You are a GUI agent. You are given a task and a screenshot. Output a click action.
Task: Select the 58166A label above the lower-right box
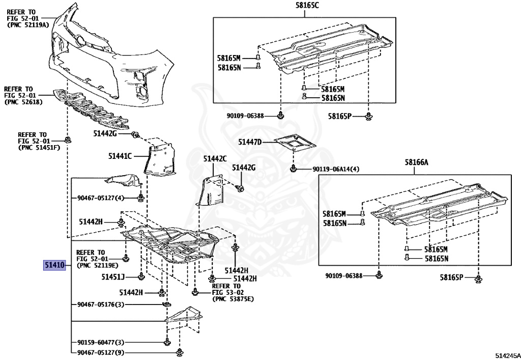click(x=417, y=162)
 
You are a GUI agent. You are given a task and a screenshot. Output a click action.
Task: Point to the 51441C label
click(x=120, y=156)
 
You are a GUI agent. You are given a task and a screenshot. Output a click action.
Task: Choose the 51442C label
click(x=215, y=158)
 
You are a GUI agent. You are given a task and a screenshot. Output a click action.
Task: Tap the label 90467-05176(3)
click(x=100, y=304)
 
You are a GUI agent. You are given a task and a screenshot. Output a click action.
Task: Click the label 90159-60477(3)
click(x=100, y=342)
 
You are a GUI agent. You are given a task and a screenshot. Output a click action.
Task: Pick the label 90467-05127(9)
click(x=100, y=352)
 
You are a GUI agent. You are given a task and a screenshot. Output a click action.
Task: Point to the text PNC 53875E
click(x=233, y=299)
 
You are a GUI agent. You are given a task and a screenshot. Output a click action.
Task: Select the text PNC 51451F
click(x=32, y=148)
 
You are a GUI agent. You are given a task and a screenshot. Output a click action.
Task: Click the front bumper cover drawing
click(x=112, y=56)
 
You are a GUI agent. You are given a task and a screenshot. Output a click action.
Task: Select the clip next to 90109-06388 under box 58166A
click(x=379, y=276)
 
